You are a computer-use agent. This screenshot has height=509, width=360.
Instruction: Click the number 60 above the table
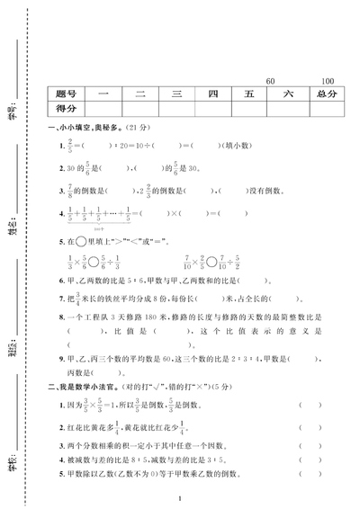click(272, 80)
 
